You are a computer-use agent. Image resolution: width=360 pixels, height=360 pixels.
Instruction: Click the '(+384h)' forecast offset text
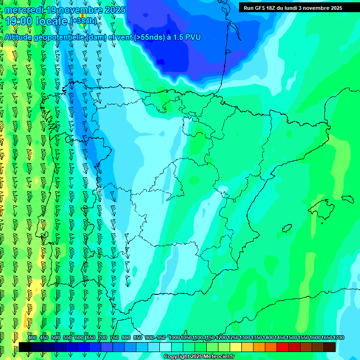[x=84, y=21]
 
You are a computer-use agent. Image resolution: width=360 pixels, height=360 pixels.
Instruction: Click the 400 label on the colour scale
[x=32, y=337]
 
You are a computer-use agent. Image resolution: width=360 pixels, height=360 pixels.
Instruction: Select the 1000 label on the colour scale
[x=174, y=337]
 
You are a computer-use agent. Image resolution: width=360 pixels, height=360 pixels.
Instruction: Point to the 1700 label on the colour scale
[x=338, y=337]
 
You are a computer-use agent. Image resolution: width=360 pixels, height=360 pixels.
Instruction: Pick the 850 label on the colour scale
[x=138, y=337]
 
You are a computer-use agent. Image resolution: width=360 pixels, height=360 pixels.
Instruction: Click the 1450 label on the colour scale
[x=280, y=337]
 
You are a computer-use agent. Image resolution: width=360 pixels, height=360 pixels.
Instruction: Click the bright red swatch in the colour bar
[x=283, y=347]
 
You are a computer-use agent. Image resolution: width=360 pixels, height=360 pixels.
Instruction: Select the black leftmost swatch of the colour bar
[x=25, y=347]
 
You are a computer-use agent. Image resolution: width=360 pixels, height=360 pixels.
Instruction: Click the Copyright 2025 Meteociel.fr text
[x=199, y=357]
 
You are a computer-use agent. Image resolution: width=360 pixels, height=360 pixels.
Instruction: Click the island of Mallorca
[x=321, y=205]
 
